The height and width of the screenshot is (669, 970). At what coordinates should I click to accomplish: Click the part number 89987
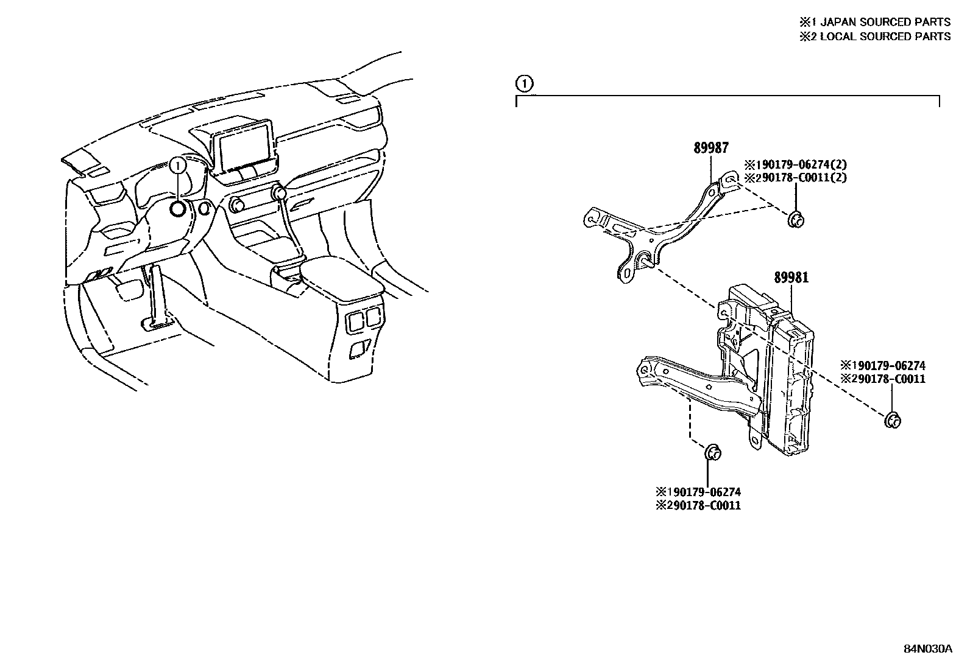pos(711,148)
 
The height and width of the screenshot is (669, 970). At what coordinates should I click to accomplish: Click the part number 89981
pos(791,278)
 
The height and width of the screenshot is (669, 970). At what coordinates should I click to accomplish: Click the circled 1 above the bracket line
pos(524,83)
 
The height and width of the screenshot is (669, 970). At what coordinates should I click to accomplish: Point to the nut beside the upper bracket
pos(795,220)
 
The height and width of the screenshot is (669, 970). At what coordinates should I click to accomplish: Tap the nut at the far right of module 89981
pos(893,419)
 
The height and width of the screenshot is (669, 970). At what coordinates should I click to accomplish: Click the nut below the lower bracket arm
pos(712,452)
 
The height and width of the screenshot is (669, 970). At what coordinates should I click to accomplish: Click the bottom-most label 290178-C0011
pos(698,506)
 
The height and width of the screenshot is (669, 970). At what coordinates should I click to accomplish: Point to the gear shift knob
pos(280,194)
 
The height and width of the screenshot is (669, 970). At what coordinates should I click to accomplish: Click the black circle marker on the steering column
pos(178,209)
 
